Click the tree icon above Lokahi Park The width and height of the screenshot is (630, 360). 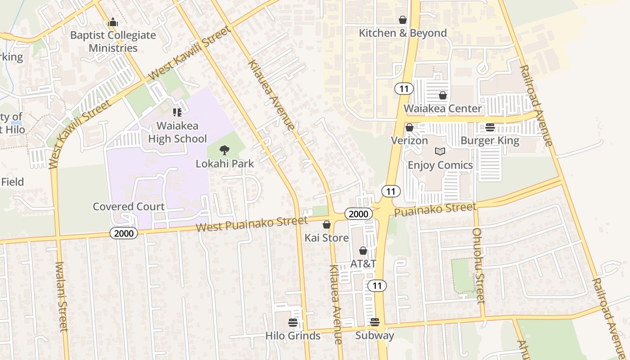pyautogui.click(x=224, y=150)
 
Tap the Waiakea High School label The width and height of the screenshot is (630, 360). pyautogui.click(x=178, y=132)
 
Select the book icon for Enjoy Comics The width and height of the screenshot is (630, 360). pyautogui.click(x=440, y=152)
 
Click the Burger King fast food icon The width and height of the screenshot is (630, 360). pyautogui.click(x=490, y=127)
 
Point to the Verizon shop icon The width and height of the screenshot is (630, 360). pyautogui.click(x=409, y=128)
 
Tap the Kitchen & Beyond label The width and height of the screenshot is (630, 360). pyautogui.click(x=402, y=33)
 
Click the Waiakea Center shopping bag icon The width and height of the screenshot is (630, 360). pyautogui.click(x=443, y=95)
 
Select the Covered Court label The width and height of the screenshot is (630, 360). pyautogui.click(x=128, y=207)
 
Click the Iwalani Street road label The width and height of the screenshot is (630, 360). pyautogui.click(x=62, y=297)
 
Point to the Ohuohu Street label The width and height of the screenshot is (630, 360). pyautogui.click(x=478, y=265)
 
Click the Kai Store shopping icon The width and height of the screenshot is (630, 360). pyautogui.click(x=327, y=225)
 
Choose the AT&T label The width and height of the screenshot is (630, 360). pyautogui.click(x=363, y=264)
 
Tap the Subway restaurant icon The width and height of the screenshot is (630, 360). pyautogui.click(x=374, y=322)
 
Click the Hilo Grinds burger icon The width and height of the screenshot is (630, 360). pyautogui.click(x=293, y=323)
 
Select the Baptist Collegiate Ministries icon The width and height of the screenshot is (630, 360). pyautogui.click(x=112, y=22)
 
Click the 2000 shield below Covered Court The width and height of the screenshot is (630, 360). pyautogui.click(x=124, y=233)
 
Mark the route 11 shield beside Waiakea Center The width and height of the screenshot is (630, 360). pyautogui.click(x=404, y=89)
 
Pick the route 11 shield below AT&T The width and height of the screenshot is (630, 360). pyautogui.click(x=377, y=285)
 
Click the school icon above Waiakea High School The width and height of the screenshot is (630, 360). pyautogui.click(x=177, y=112)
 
